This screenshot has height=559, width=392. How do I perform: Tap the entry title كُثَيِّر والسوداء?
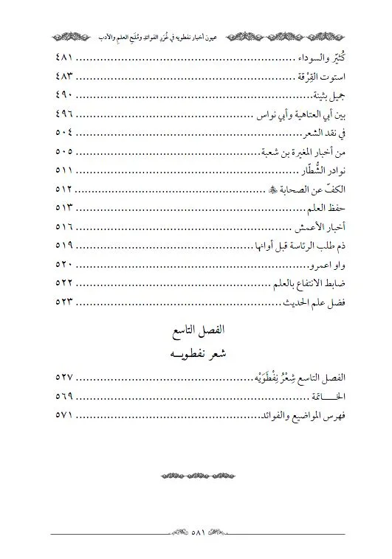314,58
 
